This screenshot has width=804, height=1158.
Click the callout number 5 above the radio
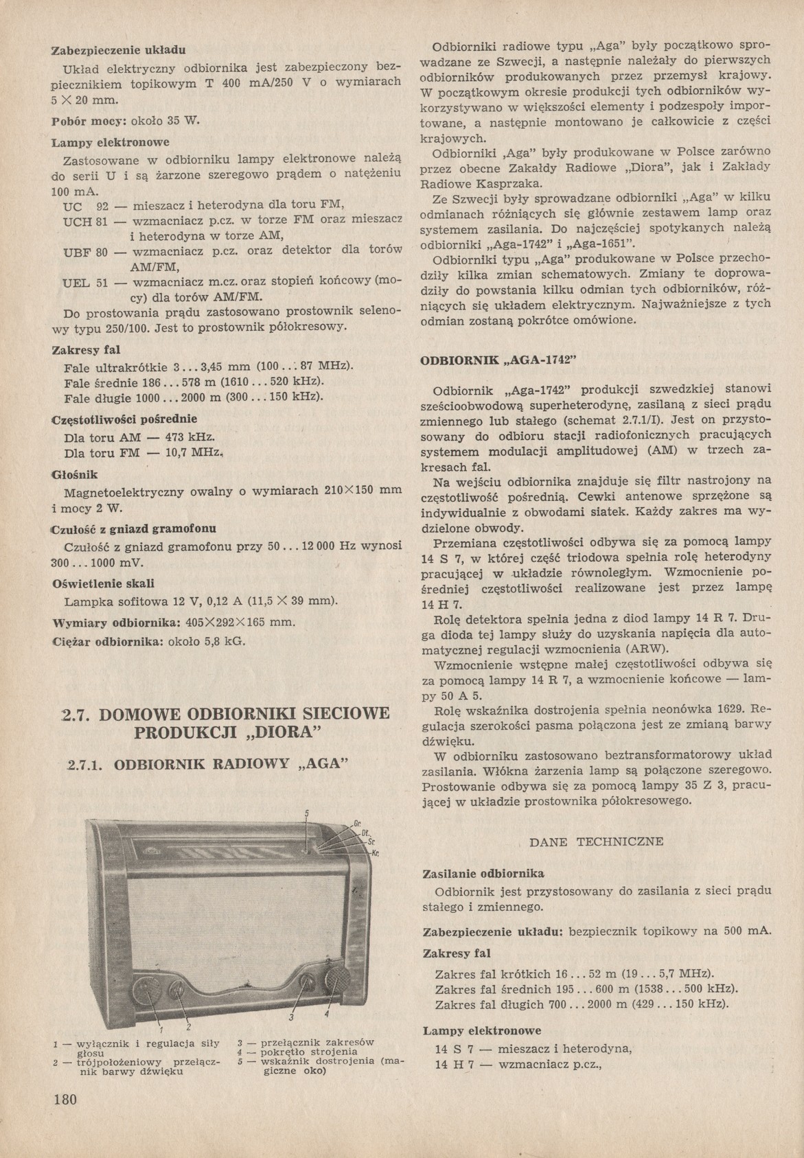coord(307,814)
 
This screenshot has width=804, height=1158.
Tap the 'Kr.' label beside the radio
coord(376,853)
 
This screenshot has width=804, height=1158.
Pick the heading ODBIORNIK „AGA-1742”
coord(497,360)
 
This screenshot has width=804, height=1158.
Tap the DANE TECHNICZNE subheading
coord(597,841)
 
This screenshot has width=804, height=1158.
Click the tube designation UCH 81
coord(84,222)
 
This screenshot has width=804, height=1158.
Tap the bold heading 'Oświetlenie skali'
coord(103,583)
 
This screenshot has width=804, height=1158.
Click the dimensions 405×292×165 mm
coord(240,623)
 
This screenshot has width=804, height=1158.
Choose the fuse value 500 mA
coord(747,931)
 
